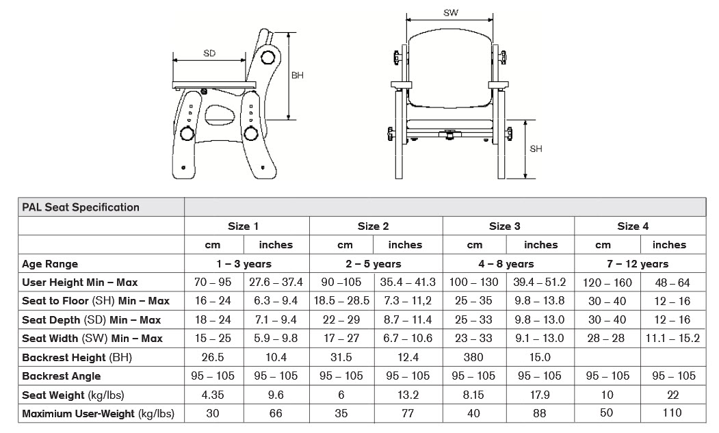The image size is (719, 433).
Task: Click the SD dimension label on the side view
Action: [209, 53]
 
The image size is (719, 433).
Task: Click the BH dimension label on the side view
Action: [298, 75]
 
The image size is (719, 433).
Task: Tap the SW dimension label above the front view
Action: [450, 12]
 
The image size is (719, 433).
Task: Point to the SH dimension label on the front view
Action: [536, 148]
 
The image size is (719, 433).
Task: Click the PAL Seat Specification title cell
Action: [81, 207]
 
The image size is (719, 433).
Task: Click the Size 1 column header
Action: [244, 226]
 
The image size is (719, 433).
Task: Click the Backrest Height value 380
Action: [473, 357]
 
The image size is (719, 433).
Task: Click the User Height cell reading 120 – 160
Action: [607, 283]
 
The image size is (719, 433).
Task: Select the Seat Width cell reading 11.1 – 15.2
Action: [673, 339]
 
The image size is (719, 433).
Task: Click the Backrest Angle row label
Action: [62, 376]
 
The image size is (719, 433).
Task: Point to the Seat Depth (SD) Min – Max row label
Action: [92, 320]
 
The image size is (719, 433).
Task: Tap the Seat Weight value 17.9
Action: [540, 395]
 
